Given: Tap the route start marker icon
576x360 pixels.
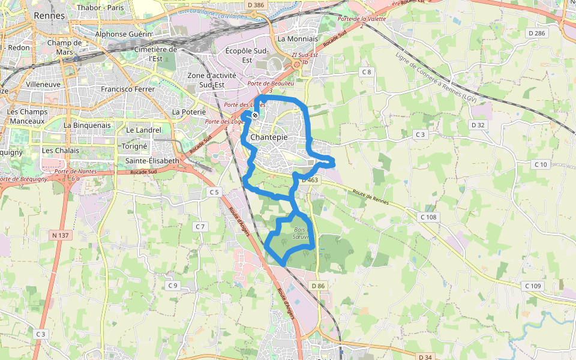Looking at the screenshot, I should pyautogui.click(x=255, y=115).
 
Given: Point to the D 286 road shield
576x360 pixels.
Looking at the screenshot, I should pyautogui.click(x=536, y=32).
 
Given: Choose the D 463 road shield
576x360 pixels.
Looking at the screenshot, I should pyautogui.click(x=310, y=179).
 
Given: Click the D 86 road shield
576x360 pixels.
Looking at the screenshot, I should pyautogui.click(x=318, y=286).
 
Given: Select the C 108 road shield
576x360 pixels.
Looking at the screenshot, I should pyautogui.click(x=428, y=217).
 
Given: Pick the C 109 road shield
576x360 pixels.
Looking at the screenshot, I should pyautogui.click(x=533, y=286).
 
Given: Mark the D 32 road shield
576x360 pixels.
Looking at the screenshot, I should pyautogui.click(x=478, y=125).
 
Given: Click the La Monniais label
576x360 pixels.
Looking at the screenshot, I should pyautogui.click(x=298, y=38).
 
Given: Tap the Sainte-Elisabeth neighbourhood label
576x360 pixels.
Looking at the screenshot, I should pyautogui.click(x=152, y=161).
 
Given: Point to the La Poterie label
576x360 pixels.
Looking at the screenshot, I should pyautogui.click(x=189, y=112).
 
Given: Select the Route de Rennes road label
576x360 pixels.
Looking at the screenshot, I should pyautogui.click(x=370, y=197).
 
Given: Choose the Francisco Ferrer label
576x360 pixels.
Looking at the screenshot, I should pyautogui.click(x=127, y=89).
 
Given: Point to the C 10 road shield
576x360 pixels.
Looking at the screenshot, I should pyautogui.click(x=541, y=164).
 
